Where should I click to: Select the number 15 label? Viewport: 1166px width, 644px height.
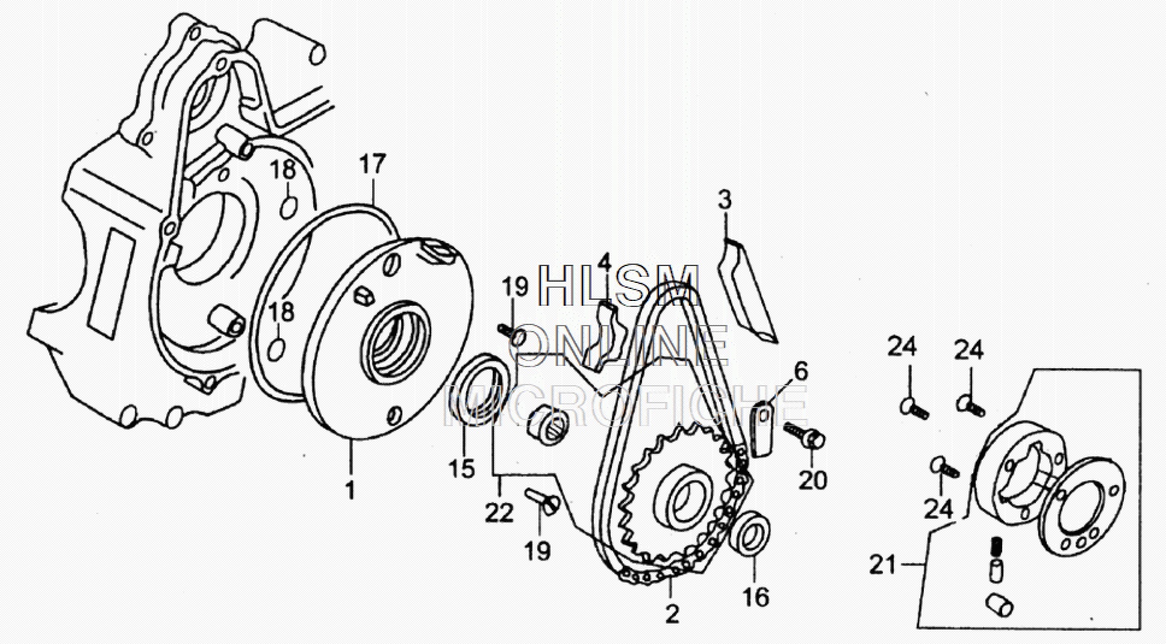point(463,468)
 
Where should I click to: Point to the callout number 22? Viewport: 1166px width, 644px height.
point(499,512)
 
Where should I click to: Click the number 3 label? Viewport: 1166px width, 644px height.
point(725,200)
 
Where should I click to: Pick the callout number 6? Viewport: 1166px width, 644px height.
point(800,371)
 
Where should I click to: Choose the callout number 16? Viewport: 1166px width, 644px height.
point(756,598)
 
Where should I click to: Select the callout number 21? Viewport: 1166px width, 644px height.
point(883,566)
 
